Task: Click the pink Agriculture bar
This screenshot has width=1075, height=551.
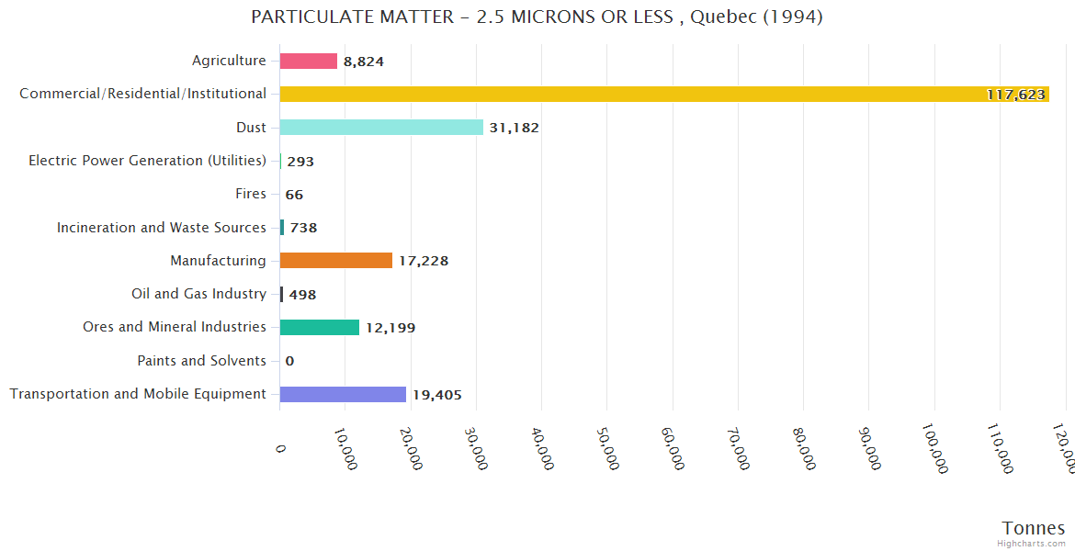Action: [x=309, y=61]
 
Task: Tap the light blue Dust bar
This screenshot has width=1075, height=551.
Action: [x=381, y=128]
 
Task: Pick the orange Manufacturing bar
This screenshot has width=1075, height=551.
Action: [x=336, y=261]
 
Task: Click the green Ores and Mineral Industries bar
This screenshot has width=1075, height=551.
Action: [x=320, y=328]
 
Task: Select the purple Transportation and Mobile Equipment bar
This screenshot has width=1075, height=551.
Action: [x=343, y=394]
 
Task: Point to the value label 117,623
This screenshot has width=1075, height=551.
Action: [x=1016, y=95]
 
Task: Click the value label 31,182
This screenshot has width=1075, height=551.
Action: [x=514, y=128]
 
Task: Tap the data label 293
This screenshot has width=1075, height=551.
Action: [x=300, y=162]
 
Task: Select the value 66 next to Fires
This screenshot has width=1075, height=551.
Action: [x=294, y=195]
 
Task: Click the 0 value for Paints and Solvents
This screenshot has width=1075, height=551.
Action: [x=289, y=361]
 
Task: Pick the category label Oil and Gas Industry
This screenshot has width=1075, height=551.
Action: [x=198, y=294]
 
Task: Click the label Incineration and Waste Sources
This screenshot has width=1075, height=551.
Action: [x=162, y=227]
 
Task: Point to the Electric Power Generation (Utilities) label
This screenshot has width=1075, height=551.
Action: [x=147, y=161]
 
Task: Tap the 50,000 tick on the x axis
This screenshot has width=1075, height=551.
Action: [x=607, y=448]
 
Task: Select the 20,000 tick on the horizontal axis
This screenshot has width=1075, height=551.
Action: [x=411, y=448]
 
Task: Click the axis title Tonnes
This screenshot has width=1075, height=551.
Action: [x=1033, y=528]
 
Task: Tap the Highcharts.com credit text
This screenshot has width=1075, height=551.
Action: [x=1032, y=544]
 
